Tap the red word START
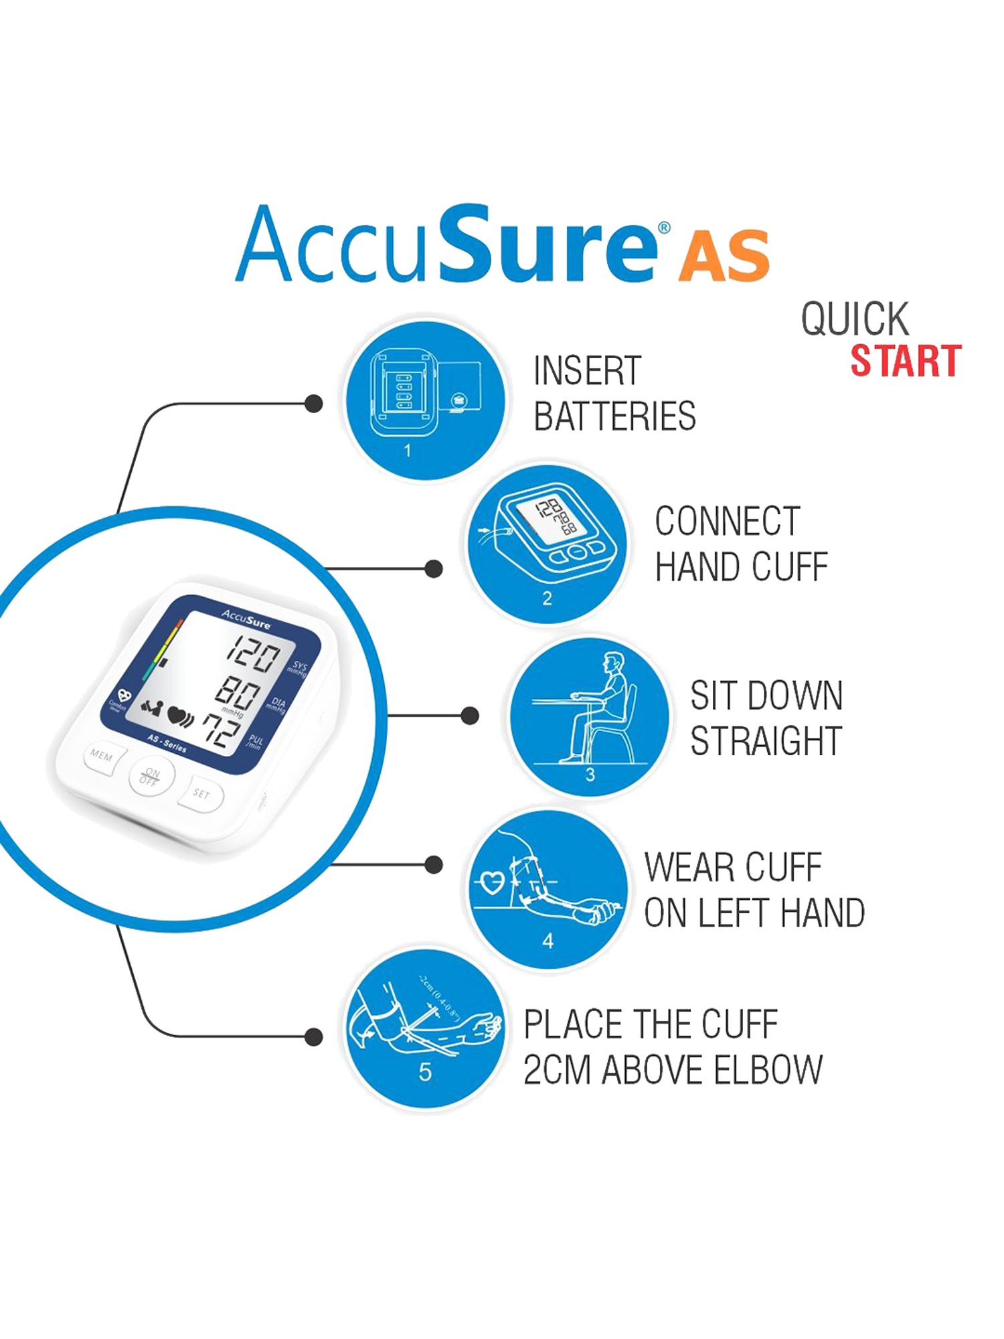(906, 362)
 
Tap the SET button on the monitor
(201, 794)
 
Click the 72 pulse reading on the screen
(222, 730)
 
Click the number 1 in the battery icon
(407, 451)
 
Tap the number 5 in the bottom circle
(424, 1073)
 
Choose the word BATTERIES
(614, 416)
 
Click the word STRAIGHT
(766, 741)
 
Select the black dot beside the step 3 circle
(471, 716)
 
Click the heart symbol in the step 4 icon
(493, 882)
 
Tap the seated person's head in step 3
(612, 665)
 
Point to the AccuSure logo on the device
(246, 619)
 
